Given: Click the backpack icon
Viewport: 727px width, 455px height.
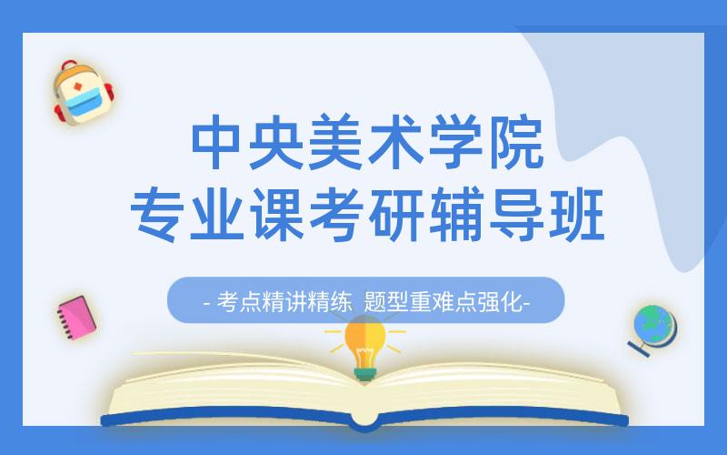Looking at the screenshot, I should (82, 93).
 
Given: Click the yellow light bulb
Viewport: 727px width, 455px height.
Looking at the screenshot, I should (365, 344).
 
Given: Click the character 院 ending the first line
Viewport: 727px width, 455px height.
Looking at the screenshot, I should (514, 145).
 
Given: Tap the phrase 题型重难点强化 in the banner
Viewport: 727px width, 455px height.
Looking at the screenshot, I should (442, 302).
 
